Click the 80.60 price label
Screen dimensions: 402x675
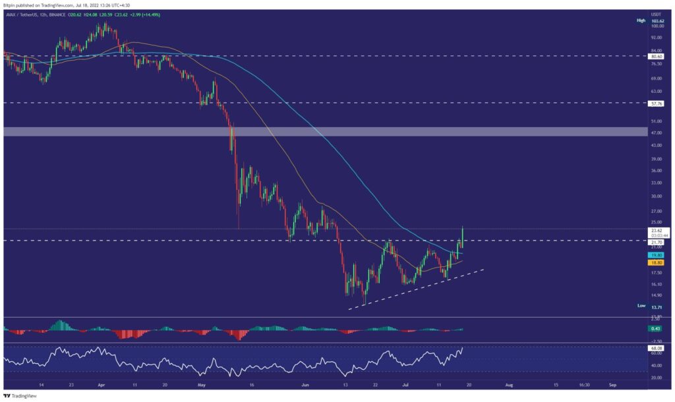656,57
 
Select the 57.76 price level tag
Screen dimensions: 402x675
656,103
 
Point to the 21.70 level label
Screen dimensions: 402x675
656,241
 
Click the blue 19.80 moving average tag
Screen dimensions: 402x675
656,254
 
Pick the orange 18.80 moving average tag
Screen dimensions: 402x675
656,262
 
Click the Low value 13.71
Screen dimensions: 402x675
656,307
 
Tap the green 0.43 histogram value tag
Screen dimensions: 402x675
656,328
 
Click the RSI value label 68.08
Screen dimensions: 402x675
656,347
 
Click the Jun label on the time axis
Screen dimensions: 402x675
305,384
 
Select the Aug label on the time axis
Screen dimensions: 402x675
508,384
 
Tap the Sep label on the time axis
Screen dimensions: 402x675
612,384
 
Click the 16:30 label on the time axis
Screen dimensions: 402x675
584,384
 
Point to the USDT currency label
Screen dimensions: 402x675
656,13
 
